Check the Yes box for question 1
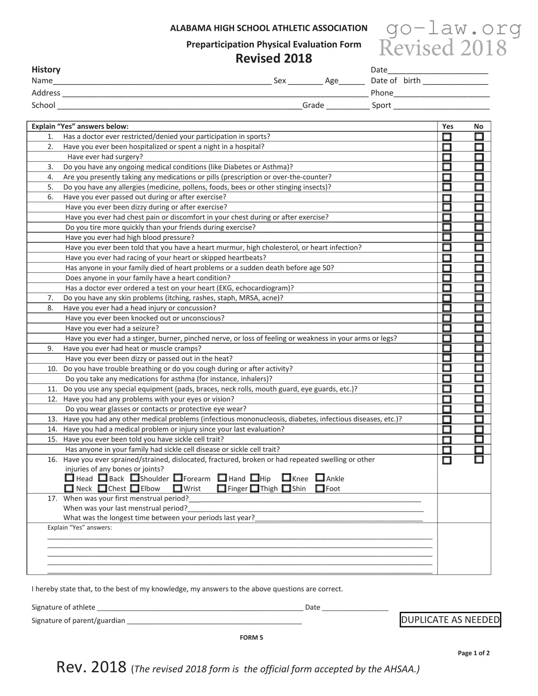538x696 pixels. [447, 137]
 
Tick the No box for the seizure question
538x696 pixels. [479, 328]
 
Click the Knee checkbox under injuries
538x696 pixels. [286, 478]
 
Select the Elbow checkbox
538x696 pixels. [135, 488]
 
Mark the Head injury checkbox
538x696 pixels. [70, 478]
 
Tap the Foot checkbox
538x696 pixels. [320, 488]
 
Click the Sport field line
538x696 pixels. [441, 106]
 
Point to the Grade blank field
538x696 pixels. [348, 106]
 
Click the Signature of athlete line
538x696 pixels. [200, 608]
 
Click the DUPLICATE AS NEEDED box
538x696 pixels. [450, 620]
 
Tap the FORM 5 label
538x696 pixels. [251, 638]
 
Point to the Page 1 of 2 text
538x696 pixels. [474, 653]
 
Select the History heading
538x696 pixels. [46, 70]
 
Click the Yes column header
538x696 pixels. [447, 126]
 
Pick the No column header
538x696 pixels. [478, 126]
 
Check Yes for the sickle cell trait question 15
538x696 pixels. [447, 440]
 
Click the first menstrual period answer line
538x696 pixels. [304, 499]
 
